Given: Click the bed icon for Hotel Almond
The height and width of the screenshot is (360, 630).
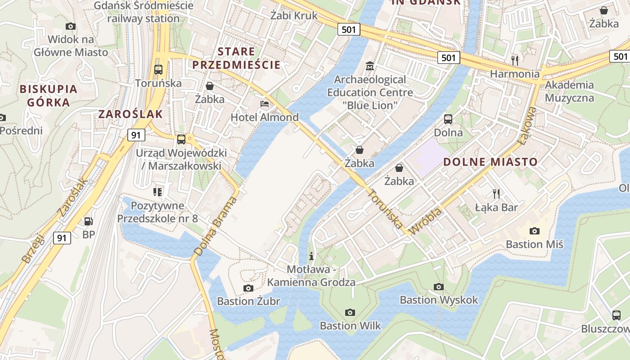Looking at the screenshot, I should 265,104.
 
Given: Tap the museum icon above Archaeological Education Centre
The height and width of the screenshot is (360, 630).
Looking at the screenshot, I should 370,66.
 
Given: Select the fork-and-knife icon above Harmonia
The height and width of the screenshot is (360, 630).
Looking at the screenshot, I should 515,60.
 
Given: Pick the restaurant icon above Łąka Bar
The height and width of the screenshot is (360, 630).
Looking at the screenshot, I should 496,193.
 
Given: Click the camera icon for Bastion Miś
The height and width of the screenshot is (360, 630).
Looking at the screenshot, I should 534,231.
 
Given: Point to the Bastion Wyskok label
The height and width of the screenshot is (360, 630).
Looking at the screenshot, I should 439,300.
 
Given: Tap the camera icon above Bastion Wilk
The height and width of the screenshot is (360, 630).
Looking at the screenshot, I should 350,312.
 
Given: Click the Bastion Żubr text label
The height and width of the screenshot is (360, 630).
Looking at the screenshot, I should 248,301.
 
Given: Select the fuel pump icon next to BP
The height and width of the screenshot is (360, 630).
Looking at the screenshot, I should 89,221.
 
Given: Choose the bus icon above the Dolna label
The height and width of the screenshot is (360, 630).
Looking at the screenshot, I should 448,119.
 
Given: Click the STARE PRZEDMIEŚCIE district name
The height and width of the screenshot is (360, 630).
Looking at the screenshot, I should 237,58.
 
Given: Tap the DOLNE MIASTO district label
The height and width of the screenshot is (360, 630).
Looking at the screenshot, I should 490,162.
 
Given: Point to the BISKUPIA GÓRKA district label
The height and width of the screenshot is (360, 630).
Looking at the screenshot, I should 48,95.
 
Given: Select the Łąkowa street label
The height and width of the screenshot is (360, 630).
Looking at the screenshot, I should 526,126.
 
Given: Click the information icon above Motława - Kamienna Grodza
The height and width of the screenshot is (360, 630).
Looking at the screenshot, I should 311,256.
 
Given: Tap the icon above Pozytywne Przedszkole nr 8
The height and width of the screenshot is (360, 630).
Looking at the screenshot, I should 157,192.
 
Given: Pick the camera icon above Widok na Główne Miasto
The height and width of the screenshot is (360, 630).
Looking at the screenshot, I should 71,26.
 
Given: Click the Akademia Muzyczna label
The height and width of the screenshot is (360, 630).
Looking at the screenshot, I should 569,91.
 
